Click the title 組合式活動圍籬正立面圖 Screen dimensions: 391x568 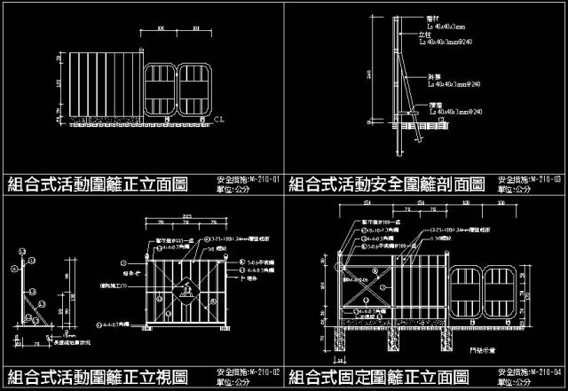coord(99,184)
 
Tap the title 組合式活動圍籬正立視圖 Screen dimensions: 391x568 coord(99,375)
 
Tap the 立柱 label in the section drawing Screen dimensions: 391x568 coord(426,35)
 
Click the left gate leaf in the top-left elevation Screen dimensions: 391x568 coord(162,89)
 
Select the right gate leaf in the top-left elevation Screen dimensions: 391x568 coord(195,89)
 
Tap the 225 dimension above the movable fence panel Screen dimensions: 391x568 coord(186,215)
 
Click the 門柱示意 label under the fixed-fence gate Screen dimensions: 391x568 coord(488,348)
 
